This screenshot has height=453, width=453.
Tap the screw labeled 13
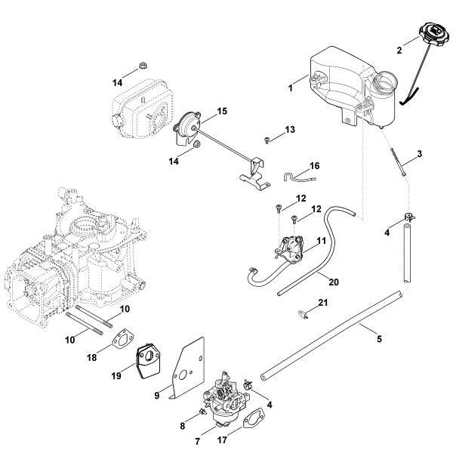coord(268,139)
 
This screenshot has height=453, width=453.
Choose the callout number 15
coord(222,111)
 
